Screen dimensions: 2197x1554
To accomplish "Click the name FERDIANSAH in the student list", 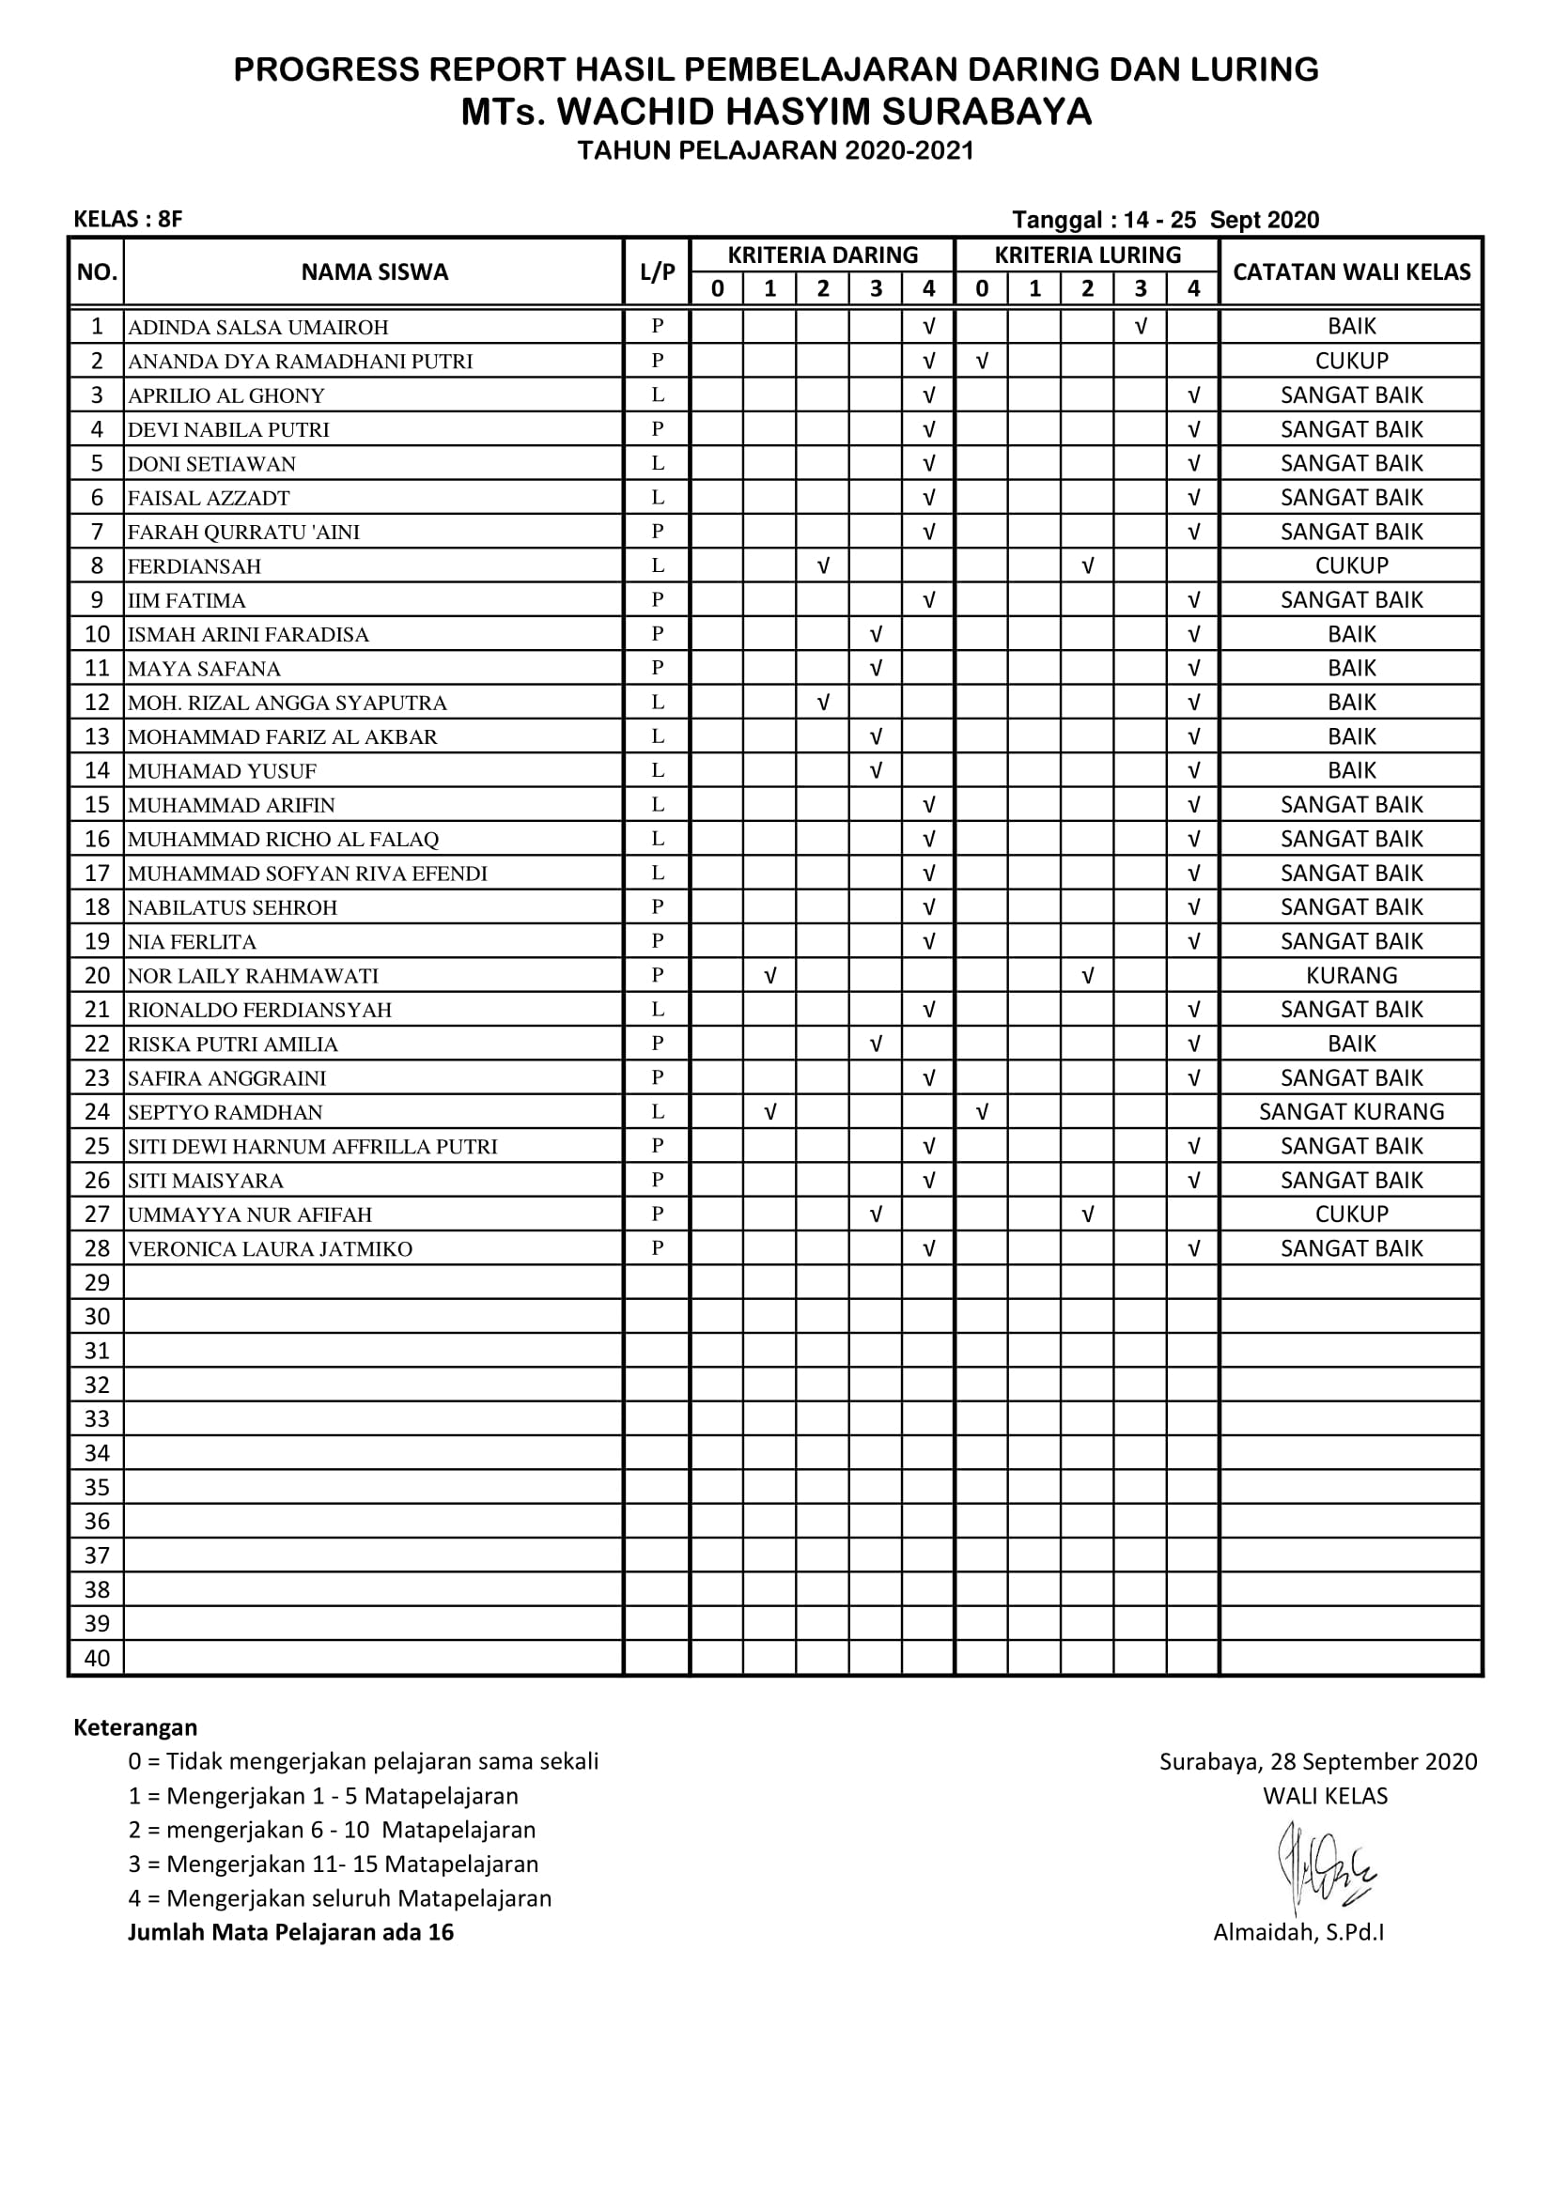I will (x=194, y=566).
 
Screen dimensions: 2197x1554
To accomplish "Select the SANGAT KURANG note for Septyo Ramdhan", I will (x=1350, y=1112).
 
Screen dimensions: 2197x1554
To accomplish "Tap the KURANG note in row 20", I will (x=1350, y=975).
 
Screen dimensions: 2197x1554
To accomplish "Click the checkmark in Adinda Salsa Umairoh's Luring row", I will (x=1140, y=327).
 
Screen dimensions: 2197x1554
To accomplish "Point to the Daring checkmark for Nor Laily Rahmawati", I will (x=769, y=976).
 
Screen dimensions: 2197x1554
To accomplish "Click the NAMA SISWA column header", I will (x=374, y=271).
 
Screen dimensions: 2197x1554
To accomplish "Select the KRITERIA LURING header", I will (x=1086, y=255).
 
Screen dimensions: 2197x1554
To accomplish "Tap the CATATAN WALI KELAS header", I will (x=1350, y=271).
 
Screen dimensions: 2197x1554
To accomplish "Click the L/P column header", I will (x=657, y=271).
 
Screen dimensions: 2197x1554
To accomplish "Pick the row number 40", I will (x=97, y=1658).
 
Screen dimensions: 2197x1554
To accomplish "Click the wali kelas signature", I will (x=1325, y=1867).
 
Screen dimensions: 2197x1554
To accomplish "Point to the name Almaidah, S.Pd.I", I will (x=1298, y=1932).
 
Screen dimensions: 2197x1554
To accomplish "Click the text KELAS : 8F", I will (x=127, y=219).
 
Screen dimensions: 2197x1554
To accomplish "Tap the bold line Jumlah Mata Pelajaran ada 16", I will (x=291, y=1932).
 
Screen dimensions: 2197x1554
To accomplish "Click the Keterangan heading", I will (x=135, y=1727).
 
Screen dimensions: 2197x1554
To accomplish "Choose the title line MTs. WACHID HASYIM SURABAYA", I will (x=776, y=112).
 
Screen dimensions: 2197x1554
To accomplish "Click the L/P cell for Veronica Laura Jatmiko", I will (x=657, y=1247).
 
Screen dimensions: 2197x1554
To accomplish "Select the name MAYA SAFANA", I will (x=204, y=669).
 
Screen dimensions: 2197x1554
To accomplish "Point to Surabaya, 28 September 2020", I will (x=1317, y=1761).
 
